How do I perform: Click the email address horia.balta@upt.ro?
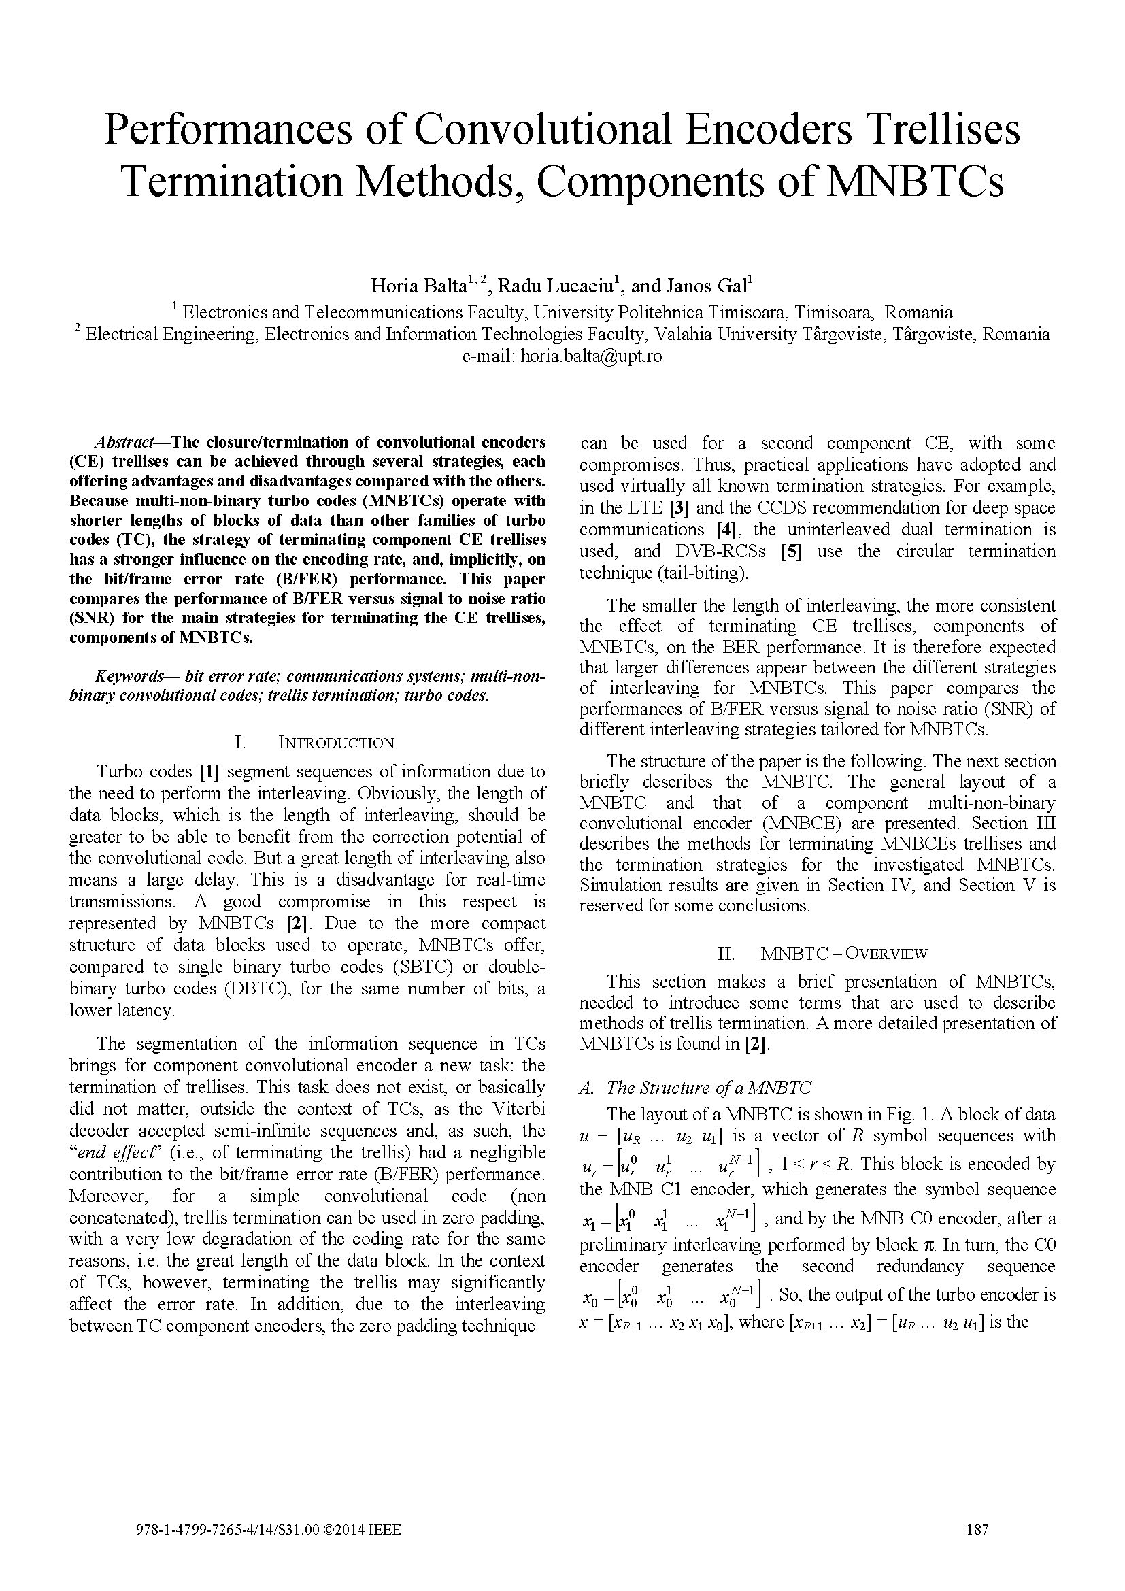tap(591, 356)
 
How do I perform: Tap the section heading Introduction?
tap(336, 743)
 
